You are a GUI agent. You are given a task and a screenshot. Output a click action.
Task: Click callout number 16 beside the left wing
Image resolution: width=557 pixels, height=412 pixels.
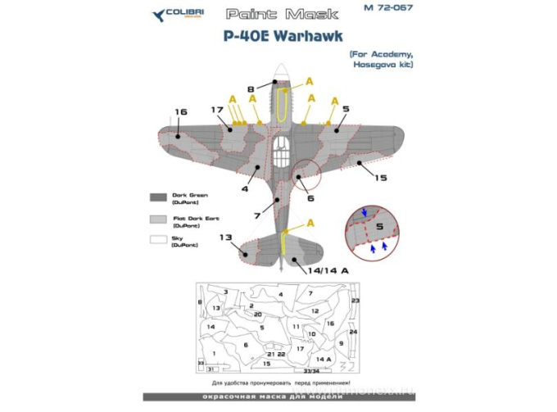pos(180,112)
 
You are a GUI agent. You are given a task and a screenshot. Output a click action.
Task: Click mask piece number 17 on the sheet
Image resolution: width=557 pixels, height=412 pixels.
pos(301,349)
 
